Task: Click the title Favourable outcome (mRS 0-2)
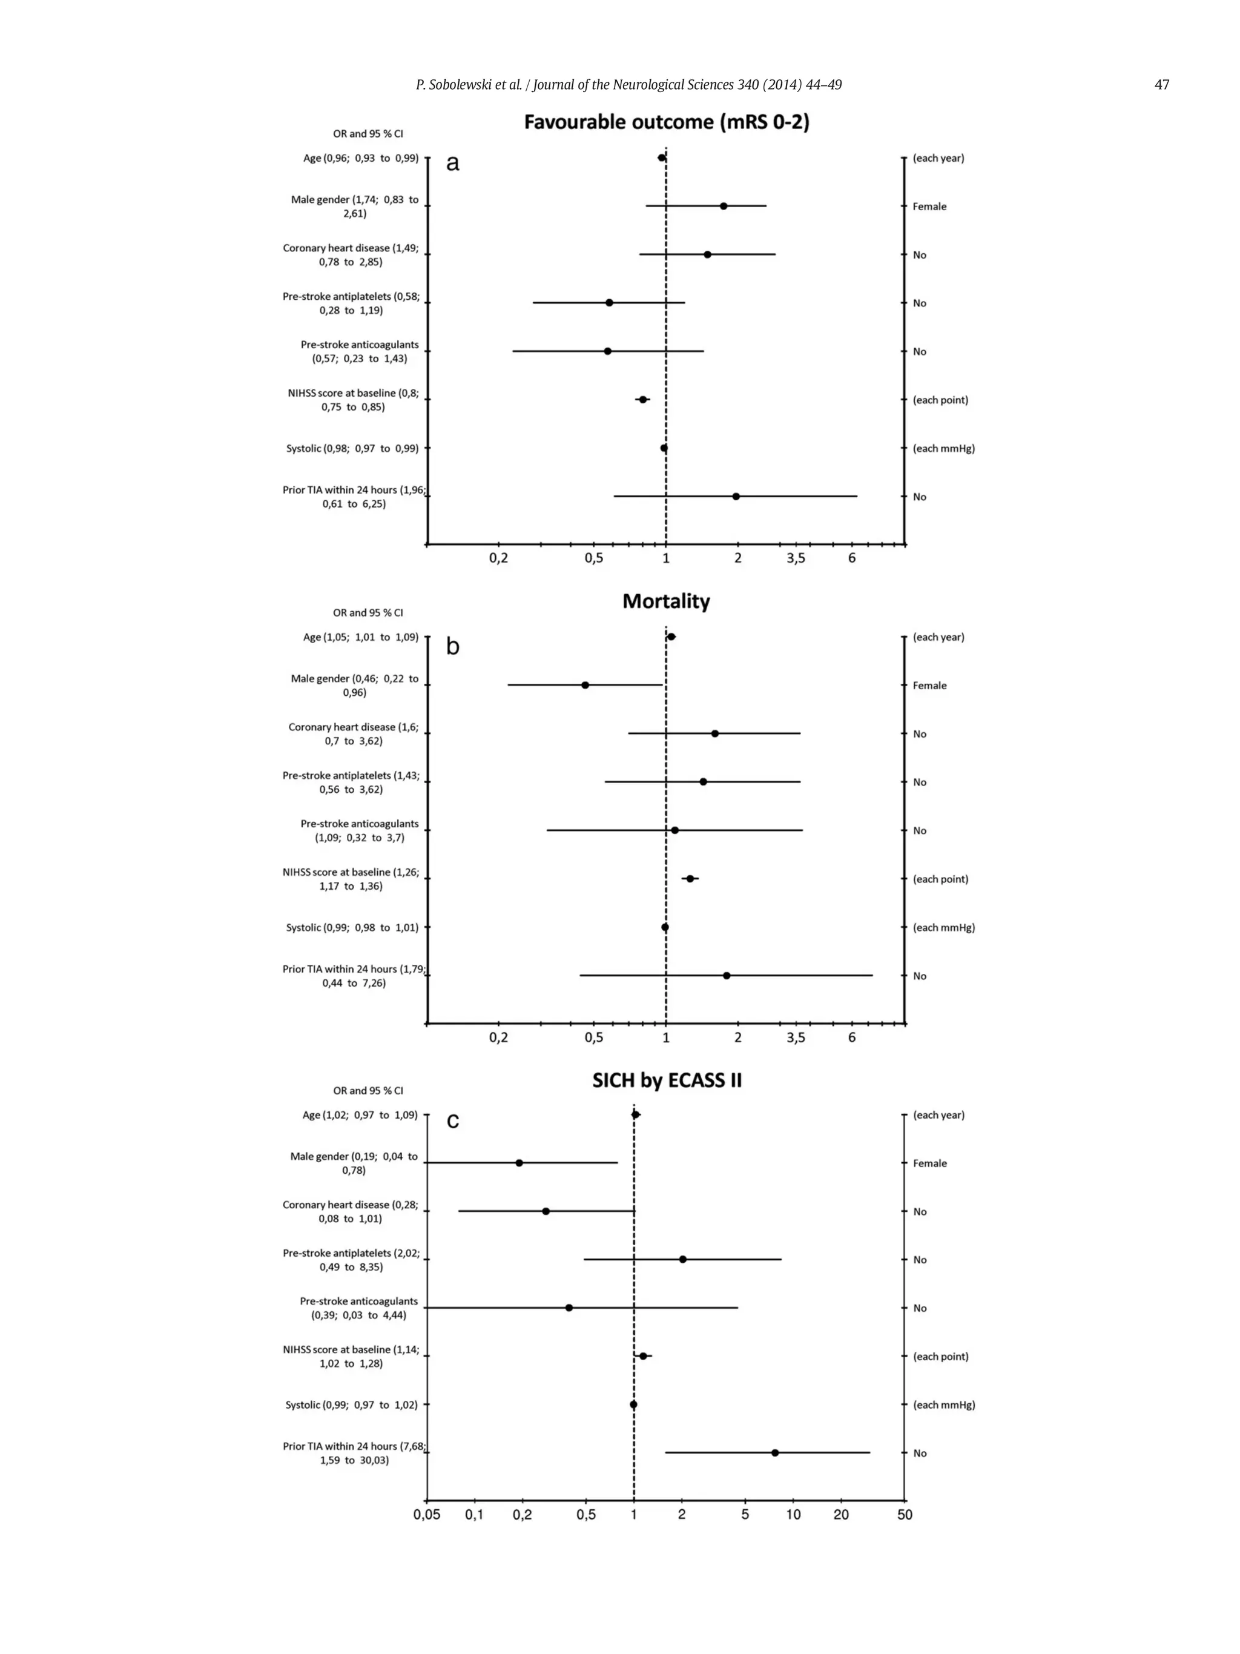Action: pos(666,122)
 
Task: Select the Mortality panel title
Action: pos(666,601)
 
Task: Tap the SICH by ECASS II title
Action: pos(667,1080)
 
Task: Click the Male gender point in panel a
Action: pos(724,206)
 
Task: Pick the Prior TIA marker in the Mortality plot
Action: pos(727,975)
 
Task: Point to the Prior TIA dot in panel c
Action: pos(775,1453)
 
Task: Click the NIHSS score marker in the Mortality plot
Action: pos(690,879)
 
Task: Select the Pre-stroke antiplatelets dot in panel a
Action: pos(609,303)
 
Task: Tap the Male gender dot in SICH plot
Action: pos(519,1163)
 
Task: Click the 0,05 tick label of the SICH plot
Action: pos(427,1515)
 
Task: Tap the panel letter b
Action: pos(453,646)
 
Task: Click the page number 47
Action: pos(1161,85)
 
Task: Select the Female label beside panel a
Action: pos(929,207)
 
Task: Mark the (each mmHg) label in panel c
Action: pos(943,1404)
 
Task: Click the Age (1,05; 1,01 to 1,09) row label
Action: pos(360,637)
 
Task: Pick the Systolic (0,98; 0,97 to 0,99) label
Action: pos(352,448)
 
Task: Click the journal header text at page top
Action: pos(628,85)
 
